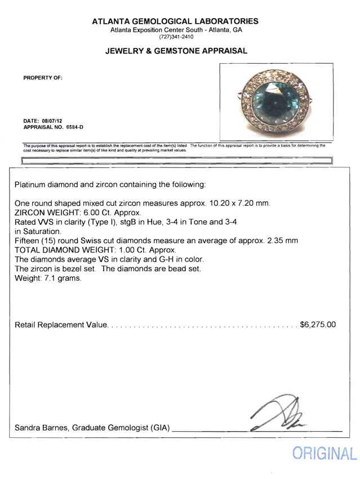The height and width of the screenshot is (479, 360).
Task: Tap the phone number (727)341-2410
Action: click(x=176, y=37)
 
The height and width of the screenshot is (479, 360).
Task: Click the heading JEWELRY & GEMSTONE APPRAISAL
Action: click(x=176, y=51)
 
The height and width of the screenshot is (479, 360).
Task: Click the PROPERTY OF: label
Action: click(x=42, y=78)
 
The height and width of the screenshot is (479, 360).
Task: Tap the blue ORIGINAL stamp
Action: click(x=324, y=454)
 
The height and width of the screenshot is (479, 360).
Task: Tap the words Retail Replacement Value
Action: click(x=60, y=325)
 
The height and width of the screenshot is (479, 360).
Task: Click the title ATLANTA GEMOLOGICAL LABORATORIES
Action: click(x=176, y=21)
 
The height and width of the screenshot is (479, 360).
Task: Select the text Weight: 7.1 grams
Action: click(x=48, y=277)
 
